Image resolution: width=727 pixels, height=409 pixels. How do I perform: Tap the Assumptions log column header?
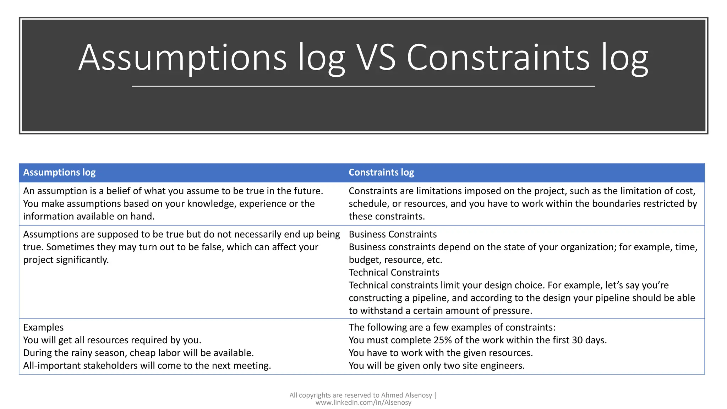pos(59,173)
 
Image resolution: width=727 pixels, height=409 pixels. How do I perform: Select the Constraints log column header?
pos(381,173)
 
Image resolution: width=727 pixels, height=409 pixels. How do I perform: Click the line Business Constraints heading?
pos(393,234)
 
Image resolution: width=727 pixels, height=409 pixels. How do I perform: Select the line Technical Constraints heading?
pos(394,272)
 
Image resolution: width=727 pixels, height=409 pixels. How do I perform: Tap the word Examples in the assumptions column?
pos(43,327)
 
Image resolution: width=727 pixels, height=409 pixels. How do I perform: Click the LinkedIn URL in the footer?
pos(363,403)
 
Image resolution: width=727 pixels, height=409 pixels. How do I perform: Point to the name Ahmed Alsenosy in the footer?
pos(406,395)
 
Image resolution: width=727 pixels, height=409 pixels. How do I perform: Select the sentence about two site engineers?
pos(436,366)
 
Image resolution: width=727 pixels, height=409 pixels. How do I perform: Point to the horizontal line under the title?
pos(363,86)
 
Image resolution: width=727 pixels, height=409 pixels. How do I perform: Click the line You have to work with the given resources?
pos(441,353)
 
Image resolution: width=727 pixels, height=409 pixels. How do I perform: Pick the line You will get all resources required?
pos(112,340)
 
